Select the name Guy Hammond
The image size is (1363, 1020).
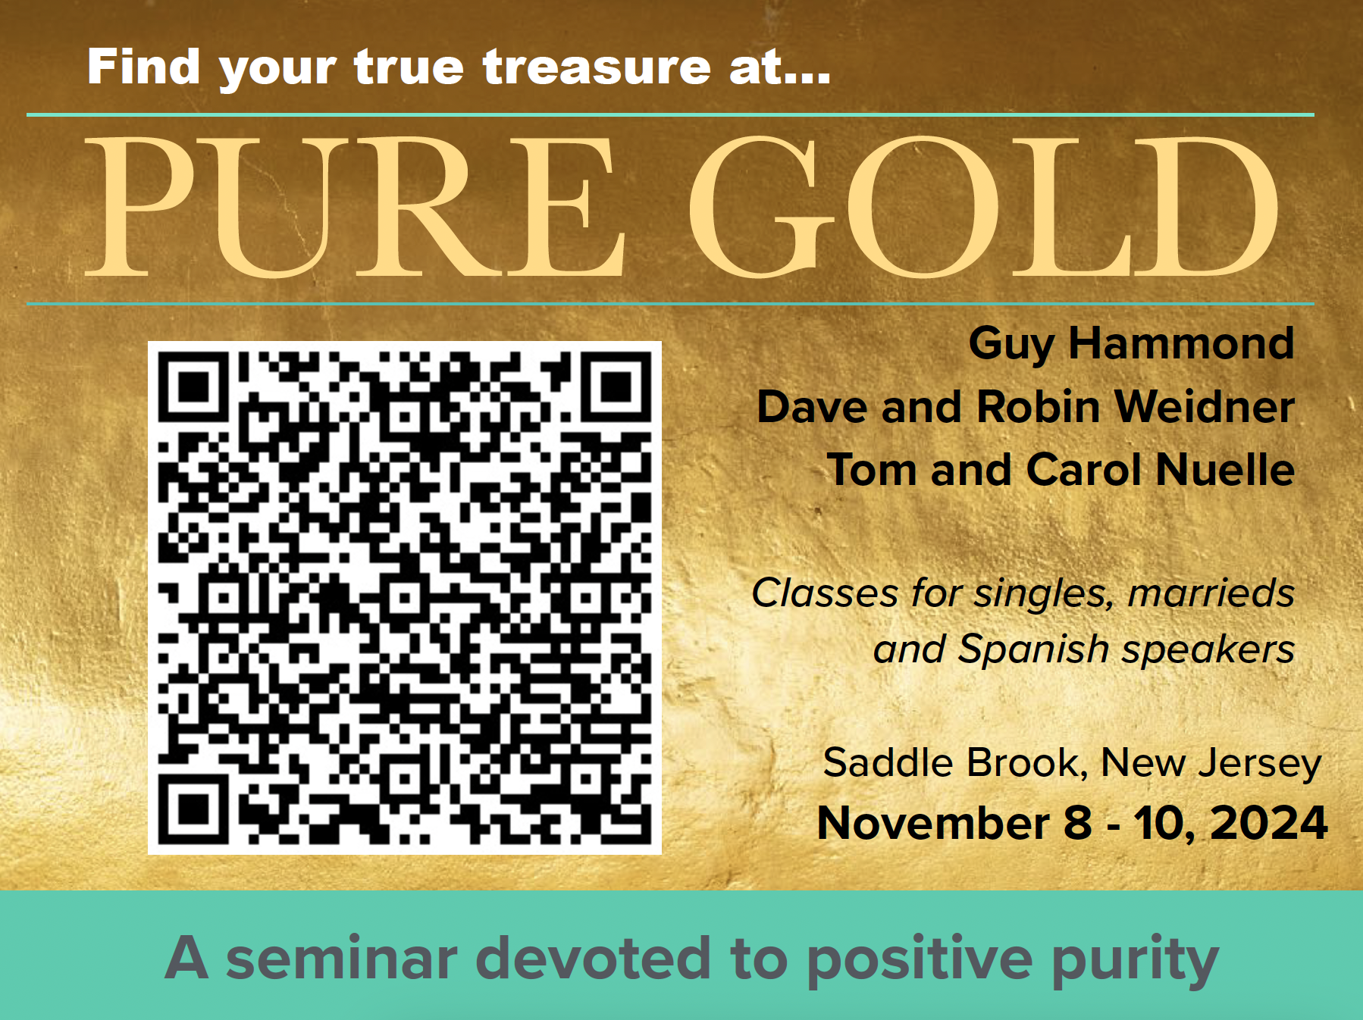click(x=1131, y=344)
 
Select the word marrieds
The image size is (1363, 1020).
click(x=1211, y=593)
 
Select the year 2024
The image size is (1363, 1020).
click(x=1268, y=823)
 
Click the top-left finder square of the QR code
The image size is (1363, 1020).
click(x=193, y=386)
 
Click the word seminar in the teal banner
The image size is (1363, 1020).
click(x=342, y=959)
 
